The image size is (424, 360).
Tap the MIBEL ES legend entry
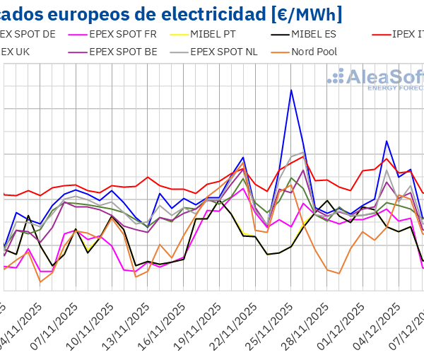pos(305,33)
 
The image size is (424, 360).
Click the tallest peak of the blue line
pos(291,90)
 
